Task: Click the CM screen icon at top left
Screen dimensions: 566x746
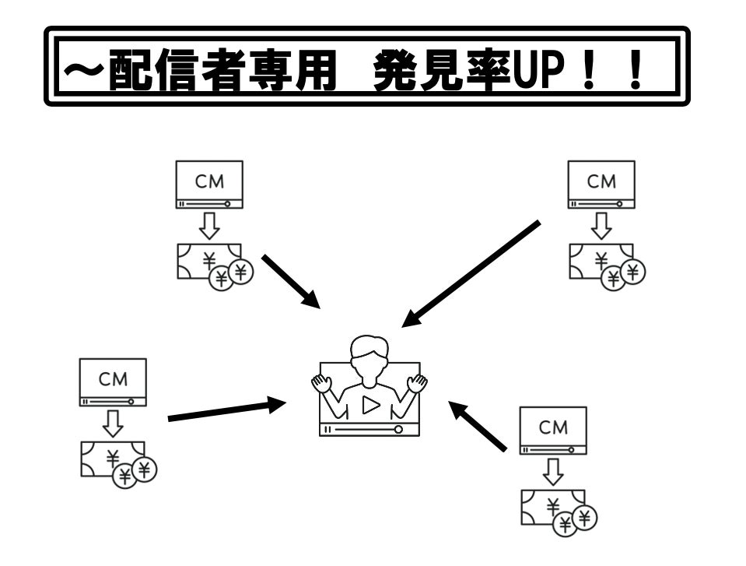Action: tap(209, 184)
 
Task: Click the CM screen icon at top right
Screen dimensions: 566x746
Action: tap(601, 184)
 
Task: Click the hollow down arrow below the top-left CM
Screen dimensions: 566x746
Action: tap(208, 226)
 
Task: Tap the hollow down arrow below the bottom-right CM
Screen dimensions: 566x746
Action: tap(553, 471)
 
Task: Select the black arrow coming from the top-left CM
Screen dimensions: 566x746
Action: tap(291, 281)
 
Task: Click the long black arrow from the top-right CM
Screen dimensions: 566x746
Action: tap(471, 273)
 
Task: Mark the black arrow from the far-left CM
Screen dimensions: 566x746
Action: tap(226, 410)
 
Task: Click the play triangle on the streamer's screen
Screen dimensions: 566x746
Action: tap(370, 405)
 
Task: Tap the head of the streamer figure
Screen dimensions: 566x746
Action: tap(368, 353)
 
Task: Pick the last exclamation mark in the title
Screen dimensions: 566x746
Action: tap(640, 67)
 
